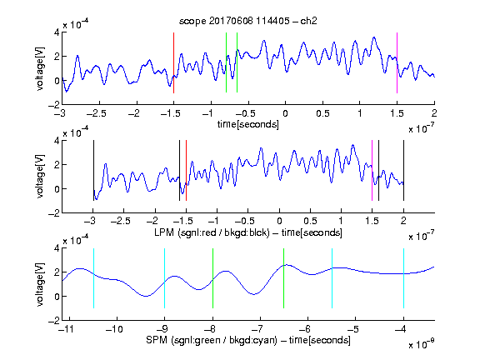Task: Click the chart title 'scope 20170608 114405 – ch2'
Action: (248, 21)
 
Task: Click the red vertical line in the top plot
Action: (173, 62)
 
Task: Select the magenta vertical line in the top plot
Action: (397, 62)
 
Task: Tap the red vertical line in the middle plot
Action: (186, 170)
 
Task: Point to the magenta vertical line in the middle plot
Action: (372, 170)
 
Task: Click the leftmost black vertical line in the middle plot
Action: (93, 170)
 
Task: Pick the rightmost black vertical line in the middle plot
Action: (404, 170)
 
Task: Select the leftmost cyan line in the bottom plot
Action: (93, 278)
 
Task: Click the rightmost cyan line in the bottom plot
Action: (404, 278)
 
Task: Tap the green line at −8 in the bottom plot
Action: (212, 278)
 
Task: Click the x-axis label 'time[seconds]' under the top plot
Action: (248, 124)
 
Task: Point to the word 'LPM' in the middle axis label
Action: (164, 232)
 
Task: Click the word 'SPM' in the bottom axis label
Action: (157, 340)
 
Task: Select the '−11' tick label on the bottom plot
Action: (67, 329)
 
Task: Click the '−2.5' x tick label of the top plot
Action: (97, 113)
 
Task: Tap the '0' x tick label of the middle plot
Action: (279, 221)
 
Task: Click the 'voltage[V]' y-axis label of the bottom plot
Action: (40, 284)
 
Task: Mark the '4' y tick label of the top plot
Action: (57, 32)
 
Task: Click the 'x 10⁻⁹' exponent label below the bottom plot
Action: (422, 344)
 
